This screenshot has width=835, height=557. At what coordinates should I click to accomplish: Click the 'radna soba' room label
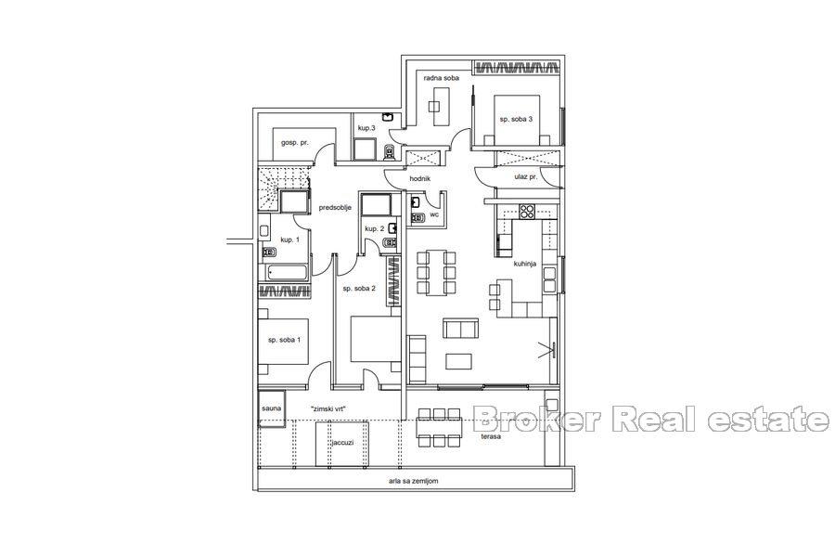pyautogui.click(x=441, y=78)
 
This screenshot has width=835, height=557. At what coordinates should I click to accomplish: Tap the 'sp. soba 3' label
pyautogui.click(x=516, y=119)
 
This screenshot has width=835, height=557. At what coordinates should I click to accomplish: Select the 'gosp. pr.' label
pyautogui.click(x=295, y=143)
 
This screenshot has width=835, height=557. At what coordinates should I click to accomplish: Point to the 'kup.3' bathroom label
pyautogui.click(x=366, y=128)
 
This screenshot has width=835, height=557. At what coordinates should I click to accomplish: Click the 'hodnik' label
pyautogui.click(x=419, y=179)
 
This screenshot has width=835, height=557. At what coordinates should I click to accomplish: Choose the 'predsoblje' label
pyautogui.click(x=334, y=208)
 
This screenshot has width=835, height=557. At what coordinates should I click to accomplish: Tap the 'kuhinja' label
pyautogui.click(x=524, y=264)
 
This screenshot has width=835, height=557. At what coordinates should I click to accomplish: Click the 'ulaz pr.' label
pyautogui.click(x=525, y=176)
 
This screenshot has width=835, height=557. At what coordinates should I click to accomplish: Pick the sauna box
pyautogui.click(x=272, y=408)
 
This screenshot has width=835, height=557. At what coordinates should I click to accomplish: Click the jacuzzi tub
pyautogui.click(x=341, y=444)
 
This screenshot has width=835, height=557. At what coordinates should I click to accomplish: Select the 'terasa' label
pyautogui.click(x=491, y=436)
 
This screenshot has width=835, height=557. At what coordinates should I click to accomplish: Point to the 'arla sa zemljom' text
pyautogui.click(x=413, y=481)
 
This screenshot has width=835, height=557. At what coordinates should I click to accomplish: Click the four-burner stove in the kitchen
pyautogui.click(x=527, y=211)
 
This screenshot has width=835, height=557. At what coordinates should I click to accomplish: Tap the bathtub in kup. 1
pyautogui.click(x=288, y=272)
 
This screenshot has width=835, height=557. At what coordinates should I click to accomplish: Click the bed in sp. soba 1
pyautogui.click(x=283, y=342)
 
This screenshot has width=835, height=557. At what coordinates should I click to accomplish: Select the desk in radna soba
pyautogui.click(x=441, y=106)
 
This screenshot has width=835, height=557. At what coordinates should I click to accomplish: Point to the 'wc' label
pyautogui.click(x=434, y=214)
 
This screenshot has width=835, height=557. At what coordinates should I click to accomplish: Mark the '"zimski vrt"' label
pyautogui.click(x=328, y=408)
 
